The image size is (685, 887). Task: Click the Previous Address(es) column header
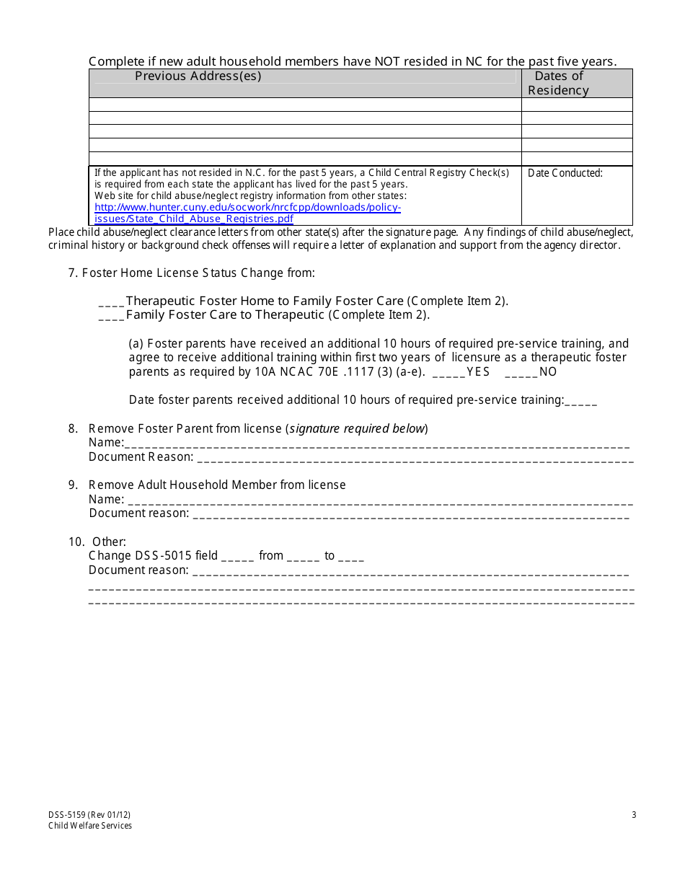[x=198, y=76]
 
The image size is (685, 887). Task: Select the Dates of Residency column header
[x=558, y=83]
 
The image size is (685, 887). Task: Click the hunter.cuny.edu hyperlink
[x=247, y=213]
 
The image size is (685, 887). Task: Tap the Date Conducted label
[x=565, y=173]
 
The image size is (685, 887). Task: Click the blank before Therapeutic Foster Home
[x=111, y=301]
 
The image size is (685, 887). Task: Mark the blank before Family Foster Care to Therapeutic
[x=111, y=315]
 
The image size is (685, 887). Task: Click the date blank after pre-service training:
[x=581, y=401]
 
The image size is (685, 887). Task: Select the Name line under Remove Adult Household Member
[x=380, y=500]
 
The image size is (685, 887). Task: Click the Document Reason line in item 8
[x=415, y=457]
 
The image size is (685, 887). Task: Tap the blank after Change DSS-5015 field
[x=237, y=556]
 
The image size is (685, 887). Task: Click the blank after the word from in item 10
[x=303, y=556]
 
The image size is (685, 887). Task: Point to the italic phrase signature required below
[x=357, y=429]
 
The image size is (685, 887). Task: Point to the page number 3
[x=634, y=815]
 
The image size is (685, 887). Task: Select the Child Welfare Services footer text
[x=90, y=826]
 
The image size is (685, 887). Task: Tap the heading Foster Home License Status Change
[x=198, y=273]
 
